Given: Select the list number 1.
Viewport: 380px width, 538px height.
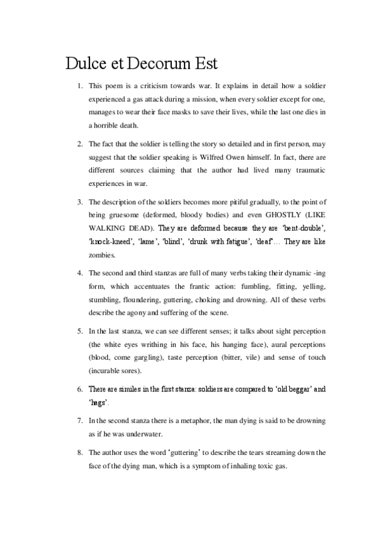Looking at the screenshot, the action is [x=79, y=85].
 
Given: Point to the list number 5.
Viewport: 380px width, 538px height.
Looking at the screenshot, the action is [x=79, y=331].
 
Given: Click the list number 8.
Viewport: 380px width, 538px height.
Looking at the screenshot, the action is [x=79, y=452].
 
